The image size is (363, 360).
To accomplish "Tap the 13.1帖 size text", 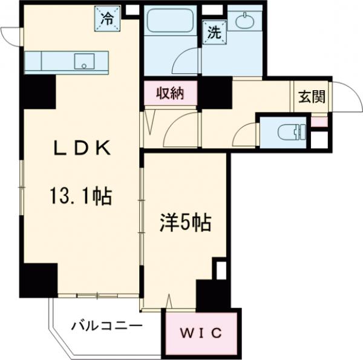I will pyautogui.click(x=81, y=196).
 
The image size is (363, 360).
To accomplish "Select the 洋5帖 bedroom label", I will pyautogui.click(x=185, y=224).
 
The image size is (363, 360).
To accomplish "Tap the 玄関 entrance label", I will pyautogui.click(x=311, y=97).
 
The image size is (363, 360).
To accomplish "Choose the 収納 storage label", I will pyautogui.click(x=170, y=94).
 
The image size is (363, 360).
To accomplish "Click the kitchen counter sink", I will pyautogui.click(x=84, y=61).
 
